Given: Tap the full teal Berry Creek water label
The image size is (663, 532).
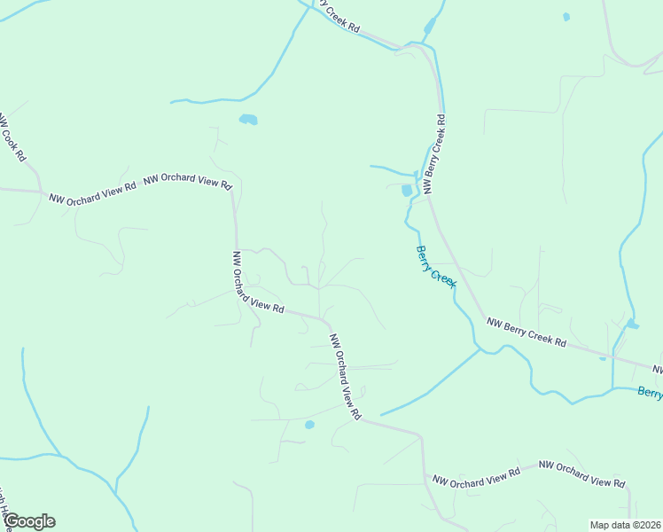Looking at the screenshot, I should pos(435,265).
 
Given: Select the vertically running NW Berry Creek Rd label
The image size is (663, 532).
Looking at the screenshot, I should pos(434,153).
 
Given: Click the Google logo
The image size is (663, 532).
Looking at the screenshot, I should pos(29,521).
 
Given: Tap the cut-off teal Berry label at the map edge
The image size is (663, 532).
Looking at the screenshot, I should pos(650,393).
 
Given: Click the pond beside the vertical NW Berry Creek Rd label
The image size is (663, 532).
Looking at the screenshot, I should pos(407,190).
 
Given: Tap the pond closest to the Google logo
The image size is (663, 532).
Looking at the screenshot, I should pos(309,425).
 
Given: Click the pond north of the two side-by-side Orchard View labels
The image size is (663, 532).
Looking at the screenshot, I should pos(248,119).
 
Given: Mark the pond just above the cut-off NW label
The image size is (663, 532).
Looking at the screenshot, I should pos(633,325).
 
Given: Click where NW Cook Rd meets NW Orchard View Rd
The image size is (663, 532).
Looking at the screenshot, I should pos(42,191).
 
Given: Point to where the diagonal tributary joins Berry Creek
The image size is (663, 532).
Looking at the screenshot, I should pos(480,349).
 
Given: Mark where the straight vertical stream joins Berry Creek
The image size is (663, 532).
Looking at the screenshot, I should pos(612,387).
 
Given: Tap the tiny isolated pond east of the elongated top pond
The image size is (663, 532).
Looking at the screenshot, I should pos(566,17).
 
